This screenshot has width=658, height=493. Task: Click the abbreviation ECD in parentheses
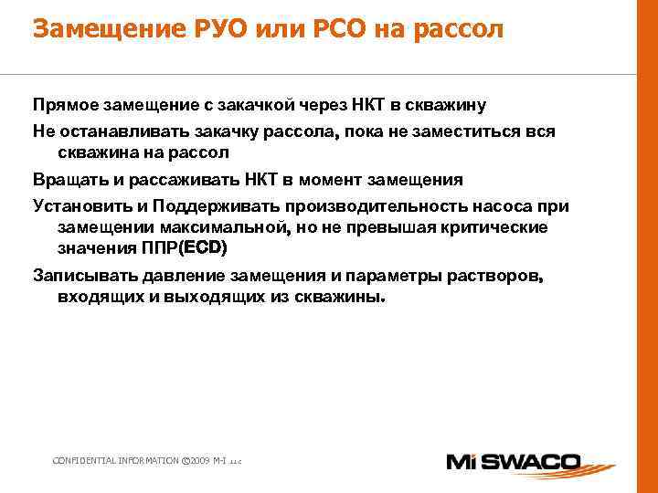(x=203, y=248)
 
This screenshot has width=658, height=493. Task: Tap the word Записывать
(x=80, y=275)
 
